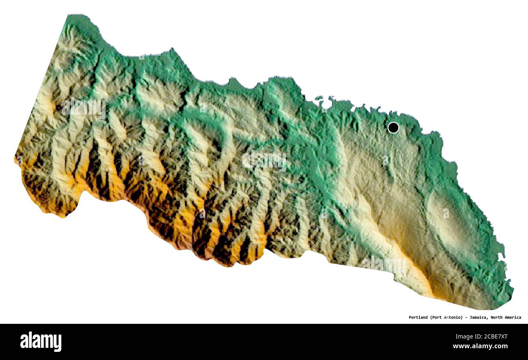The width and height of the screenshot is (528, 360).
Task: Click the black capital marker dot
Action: tap(393, 128)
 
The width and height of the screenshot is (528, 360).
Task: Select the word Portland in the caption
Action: tap(418, 317)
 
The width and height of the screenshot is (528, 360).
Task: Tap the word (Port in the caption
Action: tap(436, 317)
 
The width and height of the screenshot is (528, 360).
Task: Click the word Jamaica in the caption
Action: tap(477, 317)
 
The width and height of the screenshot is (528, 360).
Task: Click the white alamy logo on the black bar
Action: tap(41, 341)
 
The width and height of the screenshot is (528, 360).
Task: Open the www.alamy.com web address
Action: tap(480, 347)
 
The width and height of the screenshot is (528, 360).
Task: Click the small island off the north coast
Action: tap(319, 98)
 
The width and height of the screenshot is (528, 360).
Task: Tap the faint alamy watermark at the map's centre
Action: tap(264, 161)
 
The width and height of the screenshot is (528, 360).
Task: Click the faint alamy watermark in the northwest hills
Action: tap(83, 108)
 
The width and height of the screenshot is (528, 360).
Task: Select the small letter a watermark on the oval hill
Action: tap(446, 213)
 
